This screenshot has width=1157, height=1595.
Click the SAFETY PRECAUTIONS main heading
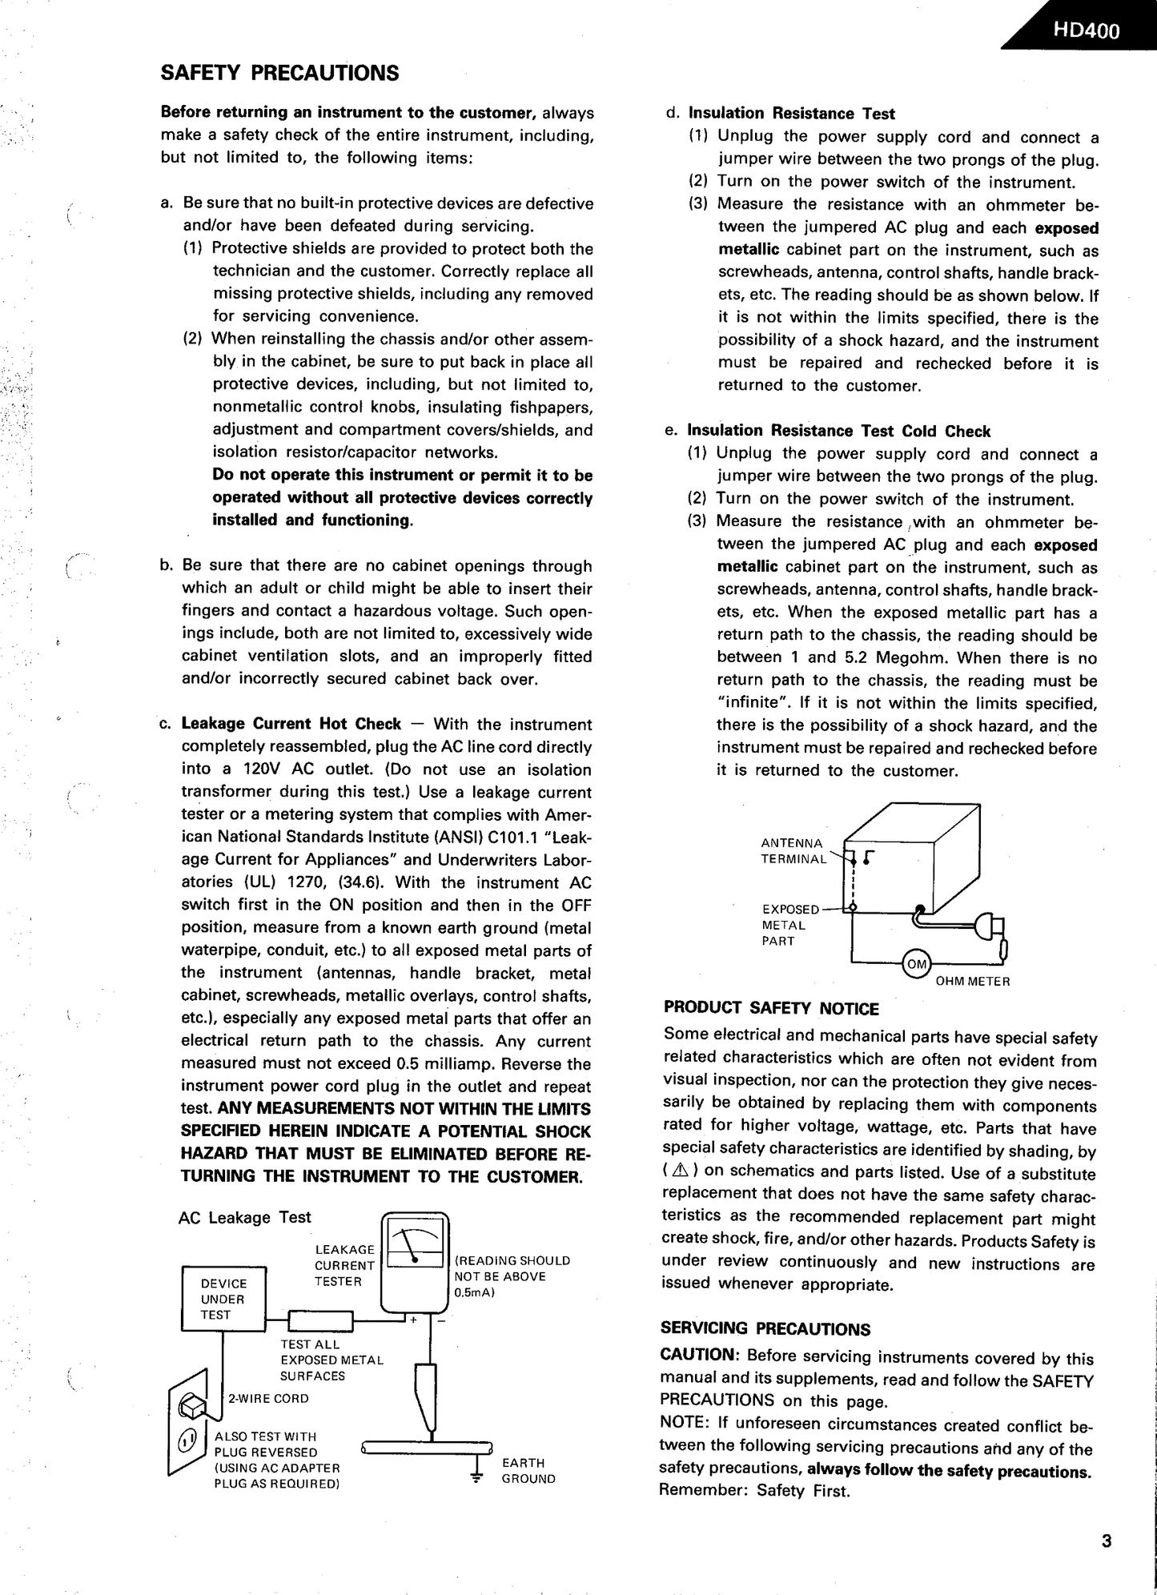tap(280, 74)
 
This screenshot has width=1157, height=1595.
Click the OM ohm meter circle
tap(915, 964)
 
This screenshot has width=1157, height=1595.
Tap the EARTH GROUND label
tap(528, 1470)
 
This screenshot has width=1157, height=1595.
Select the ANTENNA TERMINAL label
tap(793, 851)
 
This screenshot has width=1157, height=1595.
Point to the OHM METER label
tap(973, 981)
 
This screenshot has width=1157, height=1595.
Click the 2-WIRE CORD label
tap(268, 1399)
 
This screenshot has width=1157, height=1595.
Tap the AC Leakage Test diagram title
tap(244, 1218)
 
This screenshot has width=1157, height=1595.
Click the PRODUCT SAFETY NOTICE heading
tap(771, 1009)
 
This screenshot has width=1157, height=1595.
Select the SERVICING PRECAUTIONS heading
tap(765, 1329)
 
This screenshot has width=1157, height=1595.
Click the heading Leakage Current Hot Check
tap(291, 724)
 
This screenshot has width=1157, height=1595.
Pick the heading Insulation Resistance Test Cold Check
tap(839, 432)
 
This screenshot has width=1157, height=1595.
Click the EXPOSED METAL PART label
tap(789, 925)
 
